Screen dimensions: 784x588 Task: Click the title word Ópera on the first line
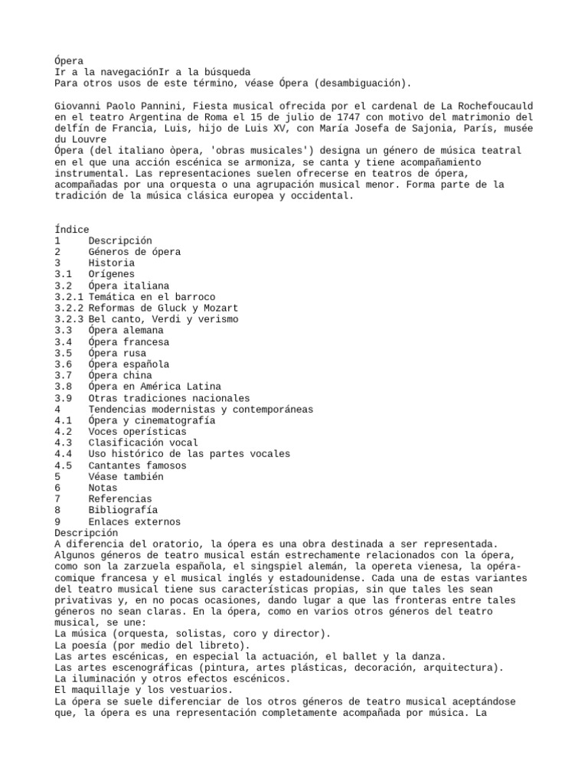(x=70, y=60)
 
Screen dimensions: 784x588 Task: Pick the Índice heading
(x=72, y=229)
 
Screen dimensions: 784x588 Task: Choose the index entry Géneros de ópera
(x=134, y=252)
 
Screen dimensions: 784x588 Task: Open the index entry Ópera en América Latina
(x=154, y=387)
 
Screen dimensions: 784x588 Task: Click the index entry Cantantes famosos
(x=137, y=465)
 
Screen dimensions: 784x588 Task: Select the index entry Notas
(x=103, y=488)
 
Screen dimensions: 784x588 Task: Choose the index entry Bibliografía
(x=122, y=510)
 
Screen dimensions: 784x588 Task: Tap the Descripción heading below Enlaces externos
(x=87, y=532)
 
